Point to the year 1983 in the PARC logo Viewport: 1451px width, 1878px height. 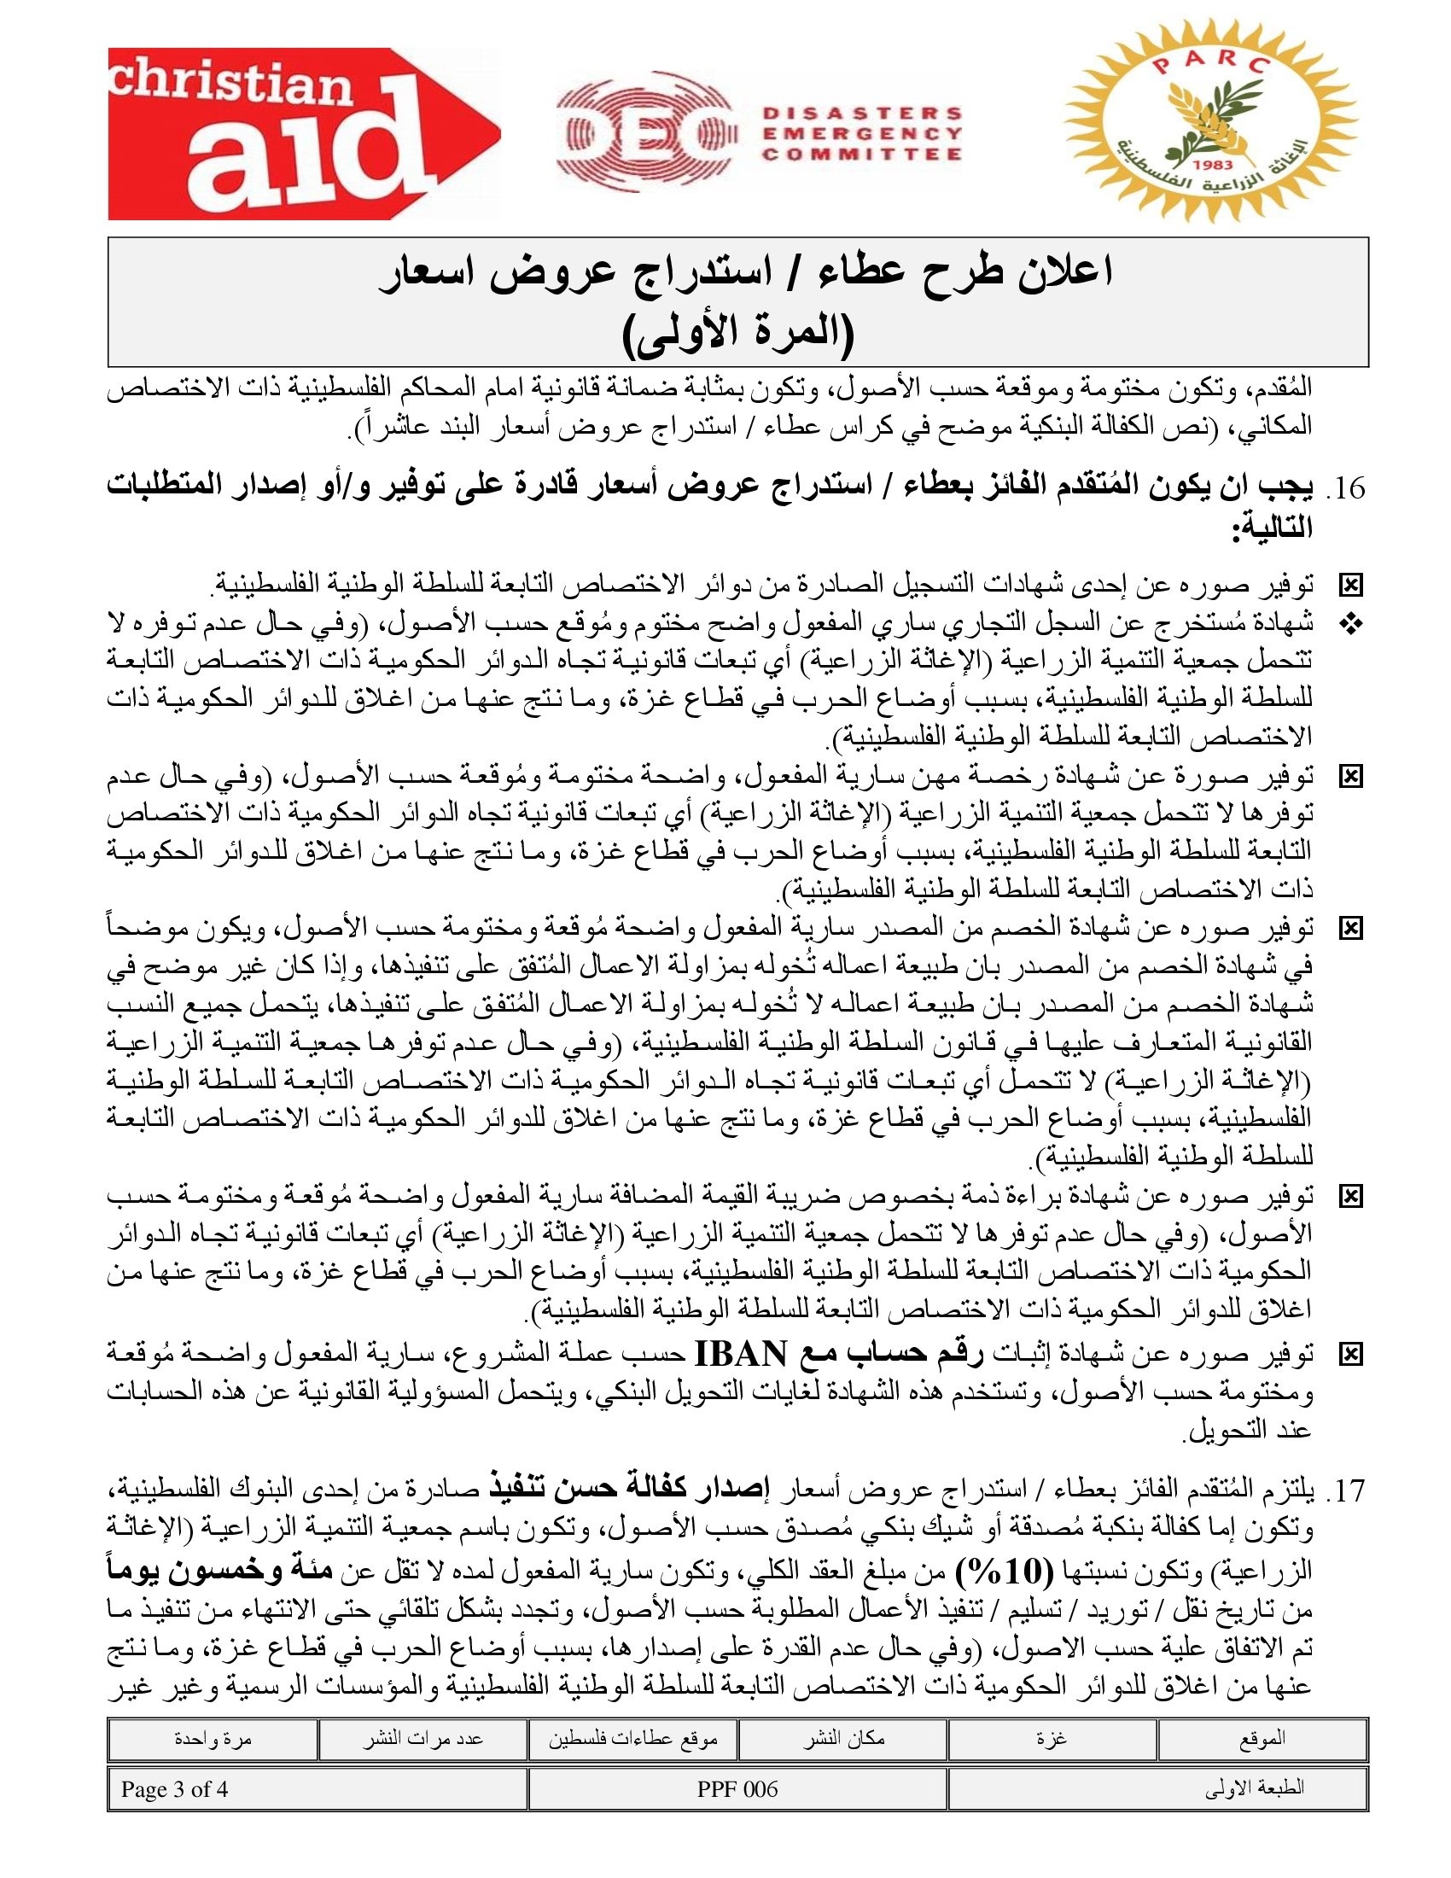[1213, 164]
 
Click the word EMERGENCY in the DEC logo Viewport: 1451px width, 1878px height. [862, 133]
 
